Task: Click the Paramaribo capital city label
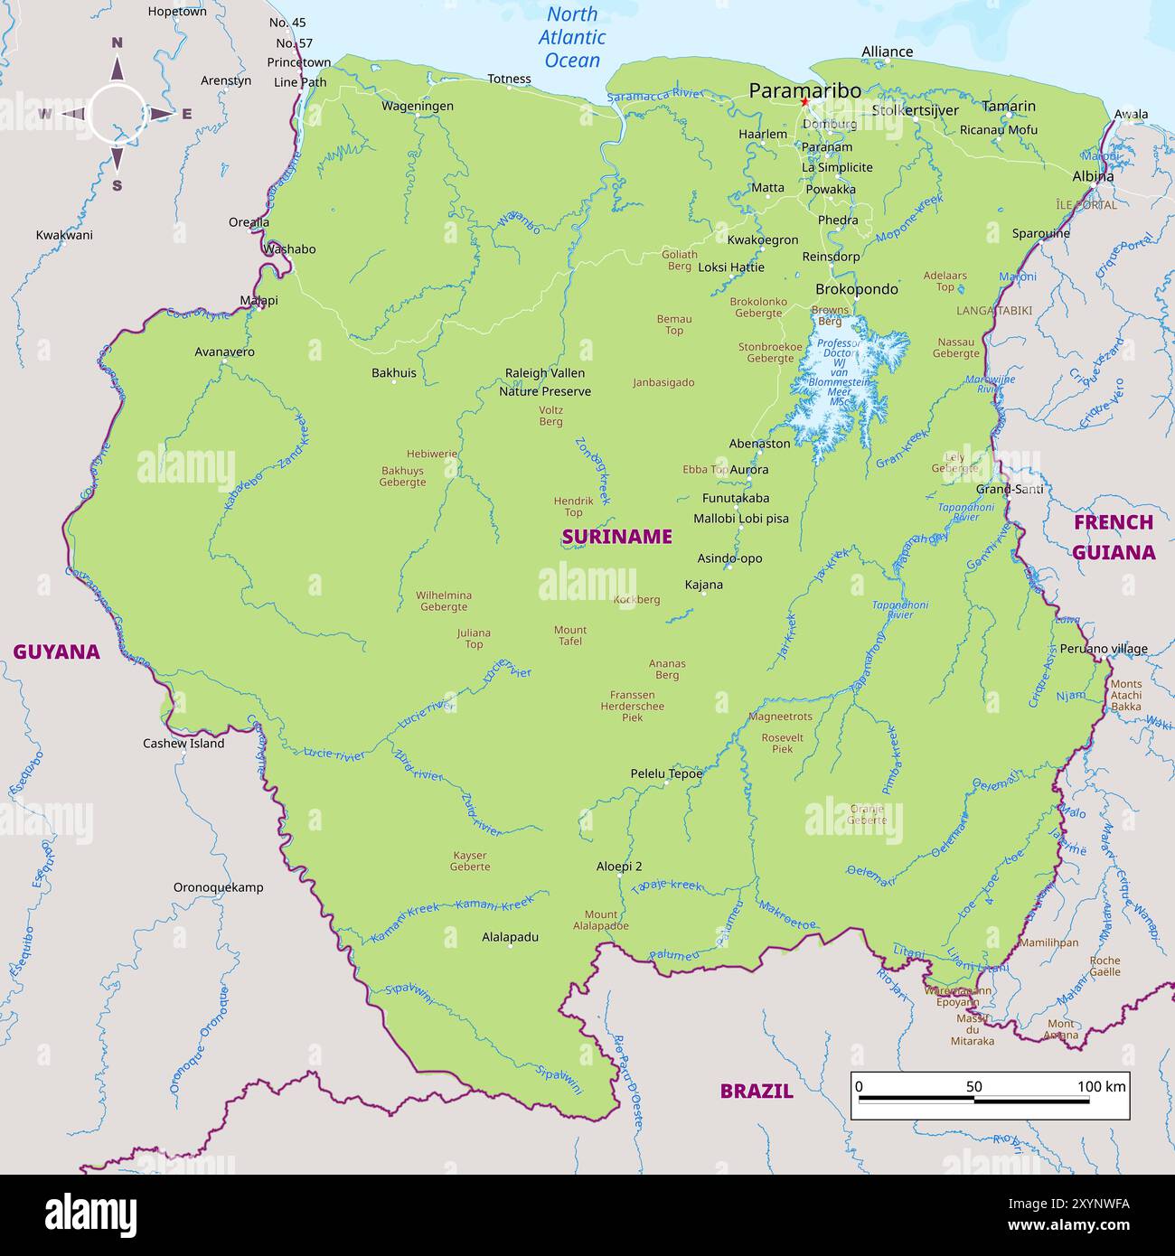[x=804, y=90]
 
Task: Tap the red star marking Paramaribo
[x=804, y=103]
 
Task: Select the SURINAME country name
[x=616, y=537]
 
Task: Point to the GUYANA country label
[x=56, y=652]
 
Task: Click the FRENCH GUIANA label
[x=1114, y=538]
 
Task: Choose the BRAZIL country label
[x=757, y=1092]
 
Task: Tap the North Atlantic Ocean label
[x=572, y=38]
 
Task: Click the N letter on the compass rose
[x=117, y=43]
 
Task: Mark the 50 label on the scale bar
[x=973, y=1087]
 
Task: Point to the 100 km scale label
[x=1101, y=1087]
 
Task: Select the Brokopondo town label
[x=857, y=289]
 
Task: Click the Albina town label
[x=1093, y=176]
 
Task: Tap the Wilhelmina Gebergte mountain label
[x=444, y=601]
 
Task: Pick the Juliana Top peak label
[x=474, y=639]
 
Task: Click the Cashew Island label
[x=183, y=744]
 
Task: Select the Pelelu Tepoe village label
[x=666, y=773]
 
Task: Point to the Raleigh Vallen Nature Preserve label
[x=545, y=382]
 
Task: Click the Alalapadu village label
[x=510, y=938]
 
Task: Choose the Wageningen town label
[x=418, y=106]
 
